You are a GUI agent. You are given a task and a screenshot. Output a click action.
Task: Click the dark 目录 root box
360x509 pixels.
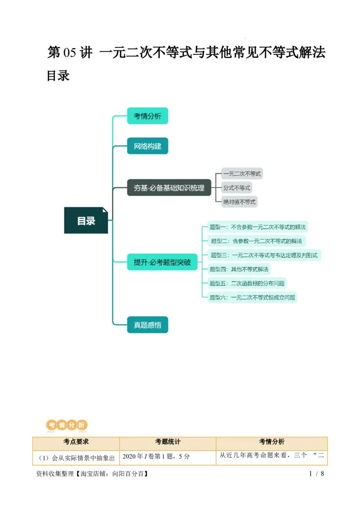point(86,220)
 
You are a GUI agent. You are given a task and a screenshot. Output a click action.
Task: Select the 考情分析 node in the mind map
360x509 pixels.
point(148,116)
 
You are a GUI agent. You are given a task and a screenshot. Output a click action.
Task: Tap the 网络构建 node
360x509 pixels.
point(148,146)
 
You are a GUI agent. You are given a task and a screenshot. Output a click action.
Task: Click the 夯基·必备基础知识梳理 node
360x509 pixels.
point(169,188)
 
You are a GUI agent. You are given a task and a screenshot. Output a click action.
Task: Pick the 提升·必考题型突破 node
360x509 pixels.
point(162,262)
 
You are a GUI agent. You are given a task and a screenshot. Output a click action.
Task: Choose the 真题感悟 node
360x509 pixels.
point(148,325)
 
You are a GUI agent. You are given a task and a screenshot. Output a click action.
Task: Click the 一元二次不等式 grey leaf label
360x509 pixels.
point(242,174)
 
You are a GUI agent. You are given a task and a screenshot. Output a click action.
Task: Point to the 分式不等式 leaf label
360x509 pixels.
point(237,188)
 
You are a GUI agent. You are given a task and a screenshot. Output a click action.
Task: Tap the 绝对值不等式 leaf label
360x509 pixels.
point(239,202)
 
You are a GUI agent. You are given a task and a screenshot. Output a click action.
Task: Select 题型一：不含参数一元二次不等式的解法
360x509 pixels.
point(258,227)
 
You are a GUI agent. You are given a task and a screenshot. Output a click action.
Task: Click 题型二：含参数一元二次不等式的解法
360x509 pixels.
point(256,241)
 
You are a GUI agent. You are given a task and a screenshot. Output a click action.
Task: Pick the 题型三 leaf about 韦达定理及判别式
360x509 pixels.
point(264,255)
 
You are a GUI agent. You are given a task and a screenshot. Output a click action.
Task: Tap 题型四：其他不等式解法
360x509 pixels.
point(239,269)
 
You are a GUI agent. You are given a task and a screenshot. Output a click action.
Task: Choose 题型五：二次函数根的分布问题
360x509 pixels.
point(247,283)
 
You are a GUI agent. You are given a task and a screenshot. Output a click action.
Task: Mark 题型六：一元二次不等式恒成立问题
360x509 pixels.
point(252,297)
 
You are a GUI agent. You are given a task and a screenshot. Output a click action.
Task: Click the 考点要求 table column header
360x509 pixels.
point(76,442)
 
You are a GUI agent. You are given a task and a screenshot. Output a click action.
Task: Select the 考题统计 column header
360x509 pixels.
point(168,442)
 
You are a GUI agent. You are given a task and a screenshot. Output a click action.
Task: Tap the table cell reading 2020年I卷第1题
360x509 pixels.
point(156,456)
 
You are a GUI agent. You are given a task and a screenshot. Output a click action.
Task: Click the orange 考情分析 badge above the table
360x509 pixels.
point(67,425)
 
